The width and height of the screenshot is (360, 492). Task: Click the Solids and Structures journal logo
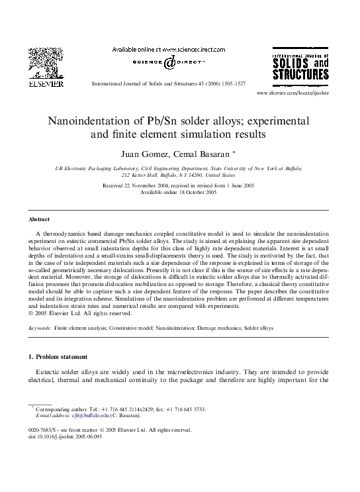[x=300, y=64]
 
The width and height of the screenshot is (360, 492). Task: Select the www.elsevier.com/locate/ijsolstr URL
[x=292, y=93]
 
